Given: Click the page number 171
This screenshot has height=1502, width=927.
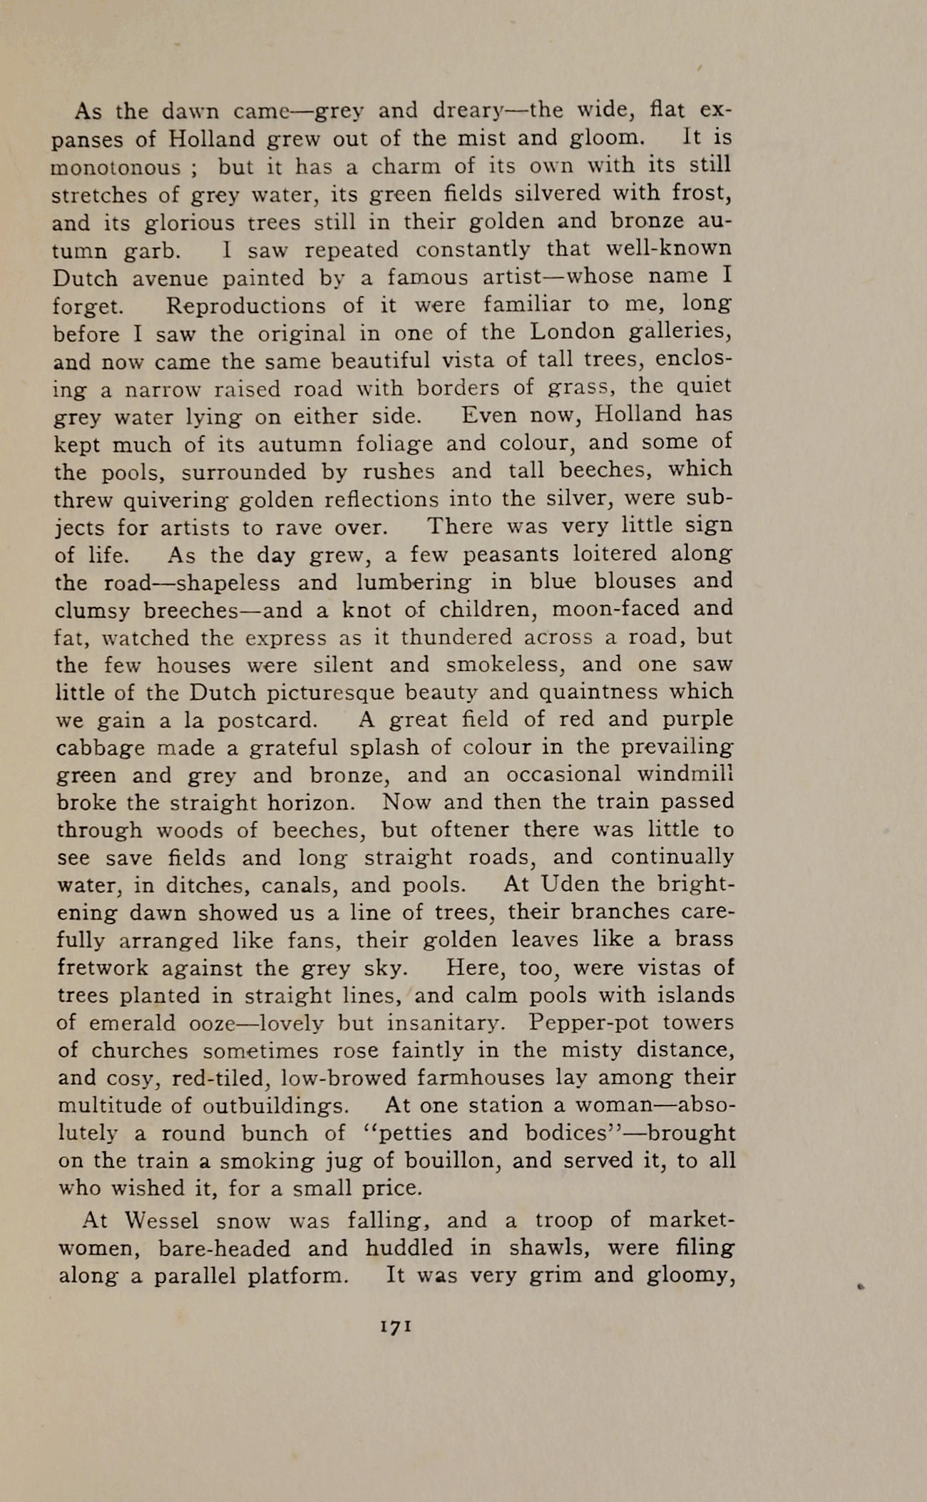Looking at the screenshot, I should [394, 1327].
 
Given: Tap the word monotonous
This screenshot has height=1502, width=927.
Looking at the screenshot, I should [116, 167].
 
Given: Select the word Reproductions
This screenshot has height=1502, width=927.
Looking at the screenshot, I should [246, 305].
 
